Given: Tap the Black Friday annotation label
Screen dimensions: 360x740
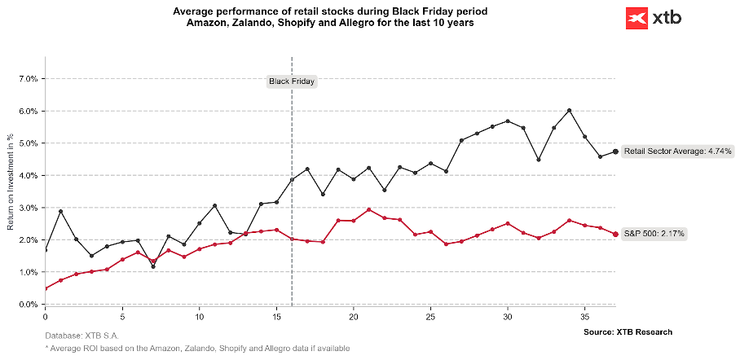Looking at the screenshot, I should point(292,81).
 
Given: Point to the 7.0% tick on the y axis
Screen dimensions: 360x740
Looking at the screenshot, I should point(28,79).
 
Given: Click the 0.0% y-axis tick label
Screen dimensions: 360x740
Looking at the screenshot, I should point(28,305).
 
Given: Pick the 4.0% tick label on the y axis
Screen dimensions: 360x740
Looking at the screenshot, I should point(28,175).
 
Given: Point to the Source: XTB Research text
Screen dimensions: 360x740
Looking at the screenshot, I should point(628,332).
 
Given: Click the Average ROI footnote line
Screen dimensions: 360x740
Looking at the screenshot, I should point(199,349).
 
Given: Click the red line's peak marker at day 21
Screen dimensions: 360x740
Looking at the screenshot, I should point(369,209).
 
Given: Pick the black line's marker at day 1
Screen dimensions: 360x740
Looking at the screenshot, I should point(60,212).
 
